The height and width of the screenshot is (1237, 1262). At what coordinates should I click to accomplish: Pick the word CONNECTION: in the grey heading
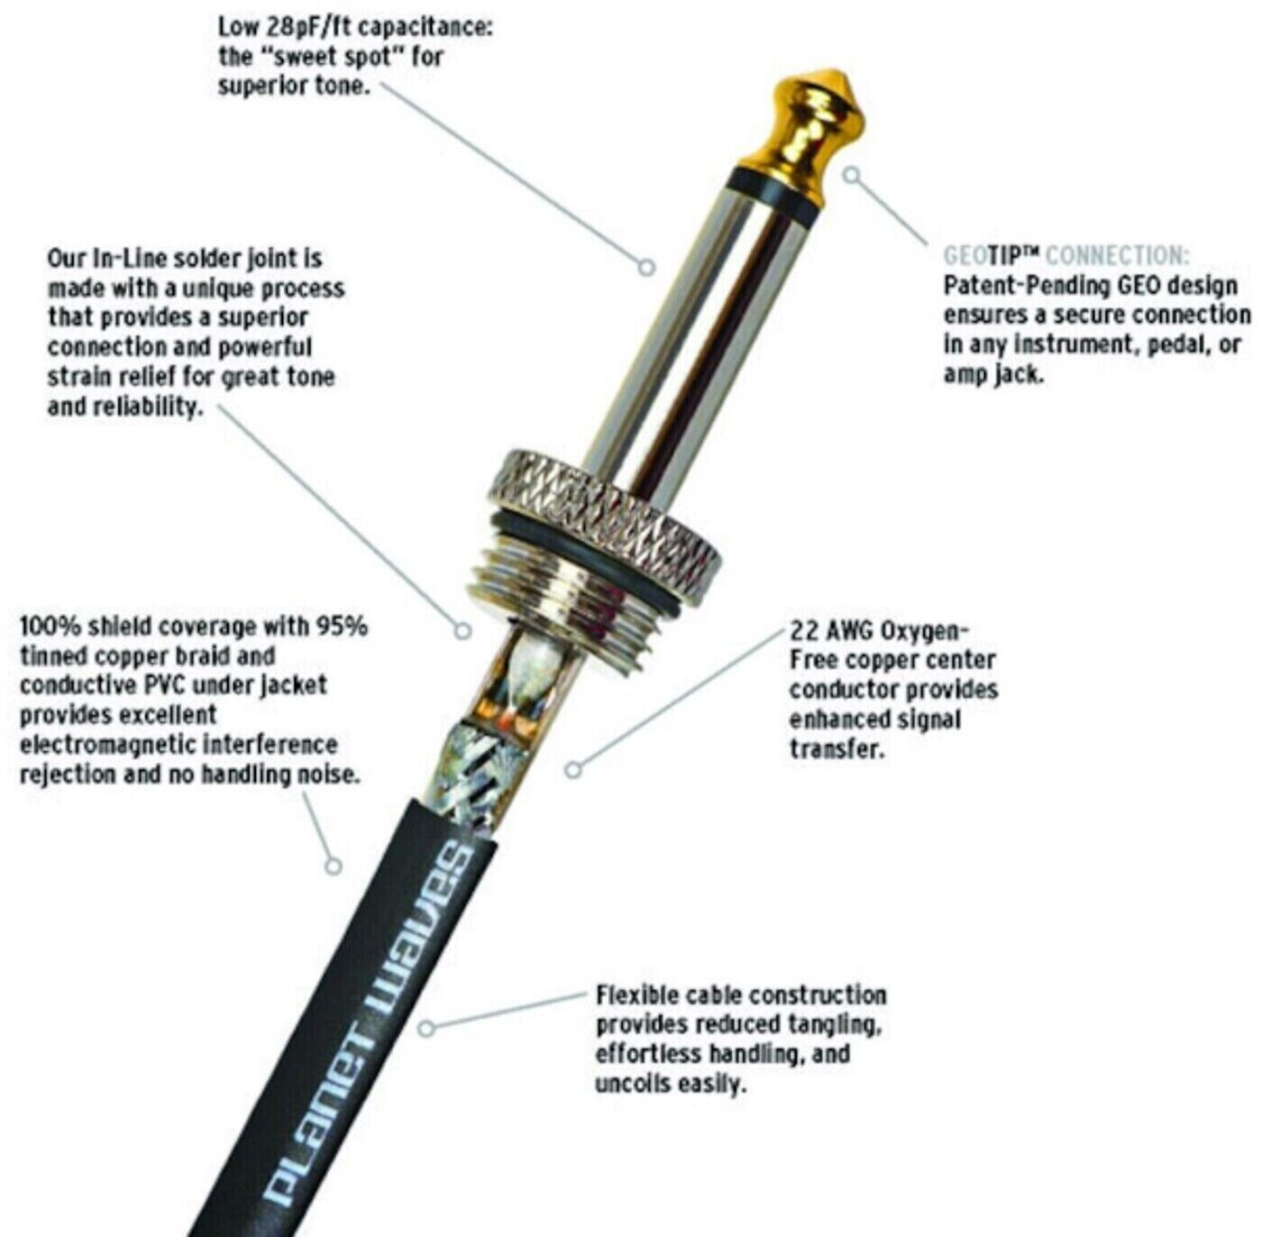(1117, 255)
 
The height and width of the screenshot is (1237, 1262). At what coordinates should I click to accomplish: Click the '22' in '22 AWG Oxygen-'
(803, 631)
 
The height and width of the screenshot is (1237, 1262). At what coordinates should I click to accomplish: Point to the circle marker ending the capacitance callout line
(646, 267)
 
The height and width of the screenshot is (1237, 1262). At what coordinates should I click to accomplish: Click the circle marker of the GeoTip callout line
(851, 175)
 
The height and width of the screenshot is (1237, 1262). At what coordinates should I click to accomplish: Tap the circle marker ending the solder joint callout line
(463, 630)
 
